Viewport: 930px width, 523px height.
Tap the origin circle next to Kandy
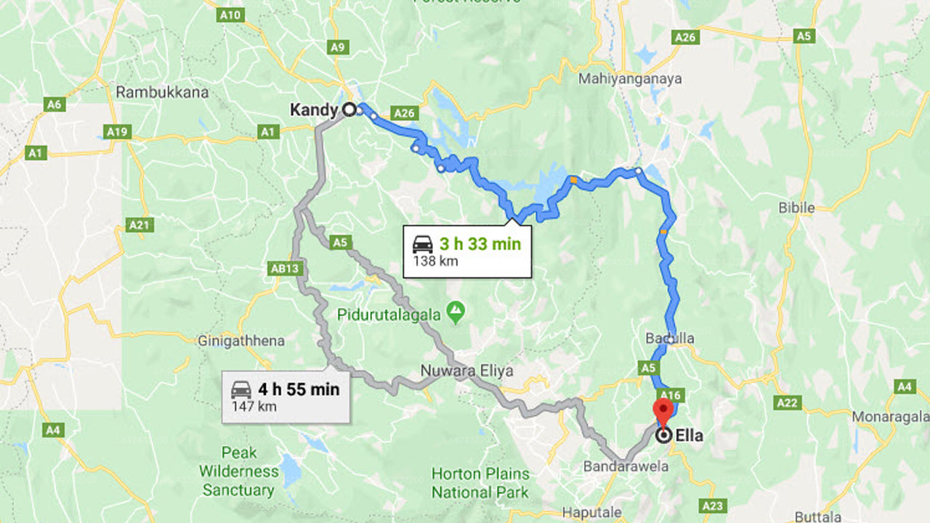click(349, 110)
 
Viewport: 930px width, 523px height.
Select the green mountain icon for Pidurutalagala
click(456, 312)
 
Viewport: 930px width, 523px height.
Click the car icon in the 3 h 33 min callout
click(422, 244)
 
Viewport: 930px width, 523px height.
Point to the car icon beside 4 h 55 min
click(241, 389)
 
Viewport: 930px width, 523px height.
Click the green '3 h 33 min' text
click(480, 244)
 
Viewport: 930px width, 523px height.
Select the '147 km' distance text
click(254, 407)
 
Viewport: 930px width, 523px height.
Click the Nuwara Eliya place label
click(466, 370)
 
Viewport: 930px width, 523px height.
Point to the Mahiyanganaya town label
click(630, 78)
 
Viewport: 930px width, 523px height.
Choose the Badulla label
click(669, 338)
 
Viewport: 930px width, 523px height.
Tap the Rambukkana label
click(162, 92)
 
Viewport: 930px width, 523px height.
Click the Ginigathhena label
click(241, 340)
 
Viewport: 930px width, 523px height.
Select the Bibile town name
click(796, 208)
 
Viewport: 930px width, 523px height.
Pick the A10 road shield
click(230, 15)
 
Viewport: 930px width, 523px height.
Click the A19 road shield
click(116, 131)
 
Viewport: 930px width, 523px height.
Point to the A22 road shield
click(787, 402)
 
